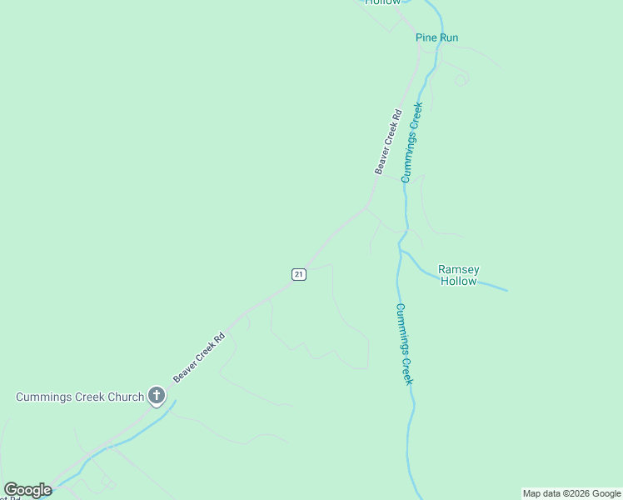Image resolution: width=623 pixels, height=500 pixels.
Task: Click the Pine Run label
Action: (437, 37)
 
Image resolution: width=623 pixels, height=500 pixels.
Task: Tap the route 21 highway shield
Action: (299, 274)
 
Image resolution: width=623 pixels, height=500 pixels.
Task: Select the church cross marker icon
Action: (156, 396)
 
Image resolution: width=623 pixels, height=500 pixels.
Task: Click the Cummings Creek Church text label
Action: (80, 397)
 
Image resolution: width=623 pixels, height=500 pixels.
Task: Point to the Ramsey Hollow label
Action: (458, 275)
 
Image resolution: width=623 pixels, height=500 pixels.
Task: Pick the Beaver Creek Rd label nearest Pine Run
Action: (388, 142)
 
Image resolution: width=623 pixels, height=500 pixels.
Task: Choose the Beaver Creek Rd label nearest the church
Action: (199, 358)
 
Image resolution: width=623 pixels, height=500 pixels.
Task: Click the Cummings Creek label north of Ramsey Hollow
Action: (411, 142)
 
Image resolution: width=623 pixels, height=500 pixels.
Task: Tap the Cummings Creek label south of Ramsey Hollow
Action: (403, 343)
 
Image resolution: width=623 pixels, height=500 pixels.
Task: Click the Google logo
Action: (27, 490)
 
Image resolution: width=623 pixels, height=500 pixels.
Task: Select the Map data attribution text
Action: (572, 493)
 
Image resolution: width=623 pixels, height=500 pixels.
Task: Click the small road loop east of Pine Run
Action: (461, 80)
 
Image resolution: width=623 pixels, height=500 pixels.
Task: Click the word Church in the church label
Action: (126, 397)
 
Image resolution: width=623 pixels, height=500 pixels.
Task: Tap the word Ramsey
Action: (458, 269)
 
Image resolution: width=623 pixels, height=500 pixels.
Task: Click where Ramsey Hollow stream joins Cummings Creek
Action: (401, 249)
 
